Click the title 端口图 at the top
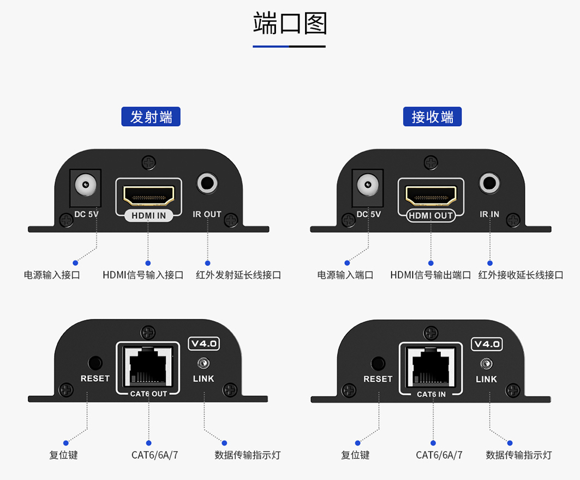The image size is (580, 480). (x=290, y=23)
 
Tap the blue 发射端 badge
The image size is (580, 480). (x=151, y=117)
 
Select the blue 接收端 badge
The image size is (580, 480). (x=433, y=117)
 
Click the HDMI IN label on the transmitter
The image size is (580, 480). (x=148, y=216)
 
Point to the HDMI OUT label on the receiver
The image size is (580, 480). (x=431, y=216)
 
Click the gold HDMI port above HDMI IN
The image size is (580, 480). (x=148, y=194)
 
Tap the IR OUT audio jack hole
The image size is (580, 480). (x=207, y=182)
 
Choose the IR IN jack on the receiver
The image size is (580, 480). (x=489, y=182)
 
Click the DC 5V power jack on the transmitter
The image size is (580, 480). (x=86, y=185)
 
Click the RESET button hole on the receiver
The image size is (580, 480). (x=378, y=363)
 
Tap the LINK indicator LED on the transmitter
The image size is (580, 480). (x=204, y=363)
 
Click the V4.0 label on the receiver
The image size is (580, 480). (x=487, y=344)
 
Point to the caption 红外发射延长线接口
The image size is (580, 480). (x=238, y=275)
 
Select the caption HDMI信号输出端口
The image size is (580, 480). (x=430, y=275)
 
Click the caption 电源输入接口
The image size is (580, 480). (x=52, y=275)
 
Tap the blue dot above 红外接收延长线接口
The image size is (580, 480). (x=490, y=263)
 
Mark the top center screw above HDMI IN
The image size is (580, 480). (x=148, y=162)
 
